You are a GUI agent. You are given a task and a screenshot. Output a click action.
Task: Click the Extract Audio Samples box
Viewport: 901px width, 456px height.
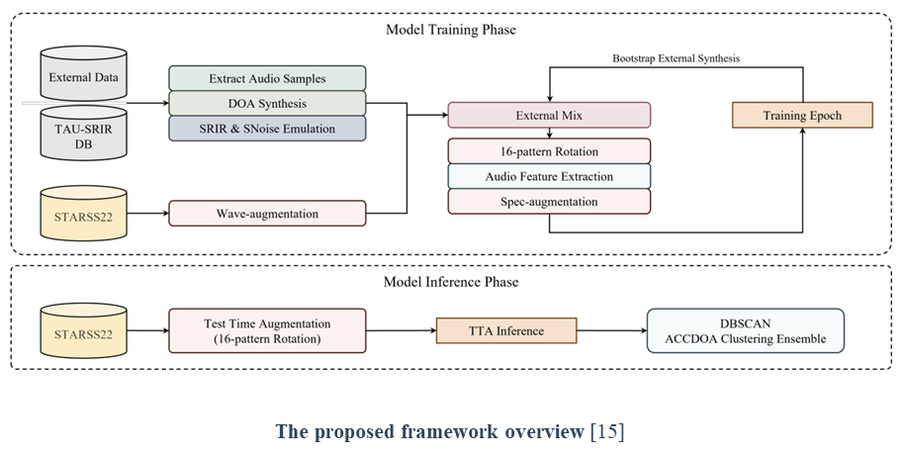click(x=267, y=78)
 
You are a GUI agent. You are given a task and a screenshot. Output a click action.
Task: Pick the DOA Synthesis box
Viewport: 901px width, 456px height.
click(x=267, y=103)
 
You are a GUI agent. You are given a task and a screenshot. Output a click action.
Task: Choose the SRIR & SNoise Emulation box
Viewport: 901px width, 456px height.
click(x=267, y=128)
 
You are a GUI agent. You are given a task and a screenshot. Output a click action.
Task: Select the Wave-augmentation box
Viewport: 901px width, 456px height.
click(x=267, y=212)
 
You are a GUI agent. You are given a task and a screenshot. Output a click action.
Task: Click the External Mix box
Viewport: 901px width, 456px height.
click(x=549, y=115)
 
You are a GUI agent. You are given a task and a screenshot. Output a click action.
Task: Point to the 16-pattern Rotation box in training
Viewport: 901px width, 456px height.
click(x=549, y=151)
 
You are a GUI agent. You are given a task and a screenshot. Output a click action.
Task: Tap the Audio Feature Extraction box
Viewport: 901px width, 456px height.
click(x=549, y=176)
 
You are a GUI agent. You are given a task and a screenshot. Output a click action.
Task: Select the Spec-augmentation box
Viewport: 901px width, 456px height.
click(x=549, y=201)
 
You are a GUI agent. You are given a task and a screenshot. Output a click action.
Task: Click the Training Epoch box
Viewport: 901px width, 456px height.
click(x=802, y=115)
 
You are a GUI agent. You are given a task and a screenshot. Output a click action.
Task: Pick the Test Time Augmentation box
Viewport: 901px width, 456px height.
click(x=267, y=330)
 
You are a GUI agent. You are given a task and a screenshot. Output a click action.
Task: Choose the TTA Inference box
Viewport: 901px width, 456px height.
click(x=505, y=330)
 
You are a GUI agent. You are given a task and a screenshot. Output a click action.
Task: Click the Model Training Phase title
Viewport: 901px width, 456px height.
click(x=450, y=30)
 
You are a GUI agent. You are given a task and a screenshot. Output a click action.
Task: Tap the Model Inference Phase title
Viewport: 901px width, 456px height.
click(x=450, y=282)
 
